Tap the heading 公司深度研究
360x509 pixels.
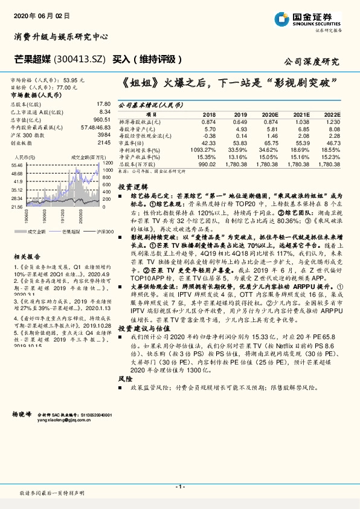pyautogui.click(x=312, y=61)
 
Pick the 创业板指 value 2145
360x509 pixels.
pyautogui.click(x=104, y=143)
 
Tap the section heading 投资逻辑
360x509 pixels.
pyautogui.click(x=129, y=187)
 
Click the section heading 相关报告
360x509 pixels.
pyautogui.click(x=25, y=256)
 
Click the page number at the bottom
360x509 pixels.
pyautogui.click(x=179, y=487)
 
